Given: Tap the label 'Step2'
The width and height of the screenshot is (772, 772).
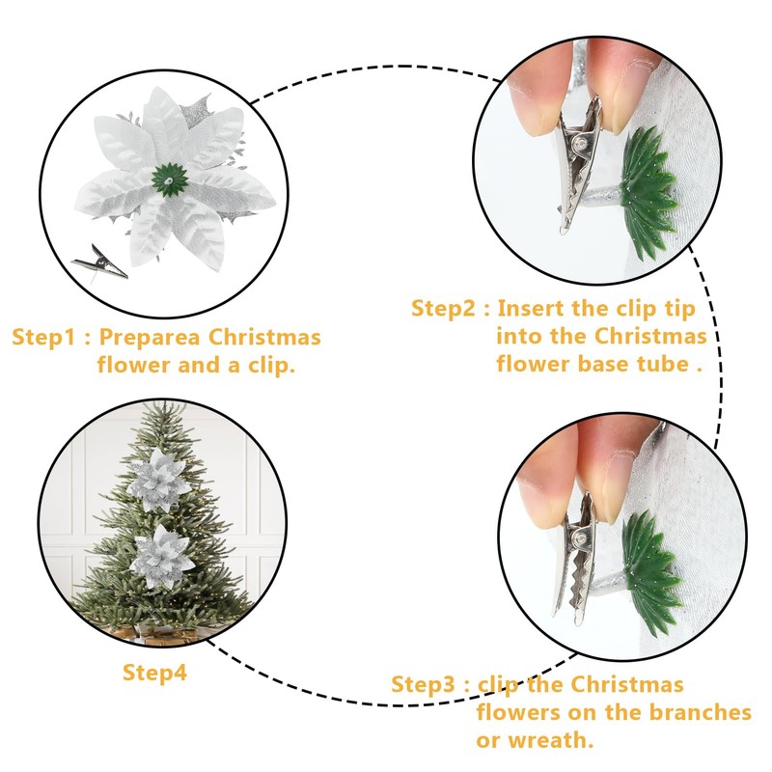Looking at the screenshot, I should click(445, 309).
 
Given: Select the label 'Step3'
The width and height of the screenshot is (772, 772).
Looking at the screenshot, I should click(423, 685).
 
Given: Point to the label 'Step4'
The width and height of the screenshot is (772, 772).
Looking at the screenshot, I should click(154, 673).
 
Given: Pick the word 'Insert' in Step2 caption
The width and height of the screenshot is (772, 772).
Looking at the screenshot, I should click(534, 309).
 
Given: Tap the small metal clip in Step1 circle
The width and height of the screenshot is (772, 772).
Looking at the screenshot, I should click(98, 261).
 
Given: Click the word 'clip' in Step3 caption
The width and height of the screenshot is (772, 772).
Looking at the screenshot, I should click(498, 685).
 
